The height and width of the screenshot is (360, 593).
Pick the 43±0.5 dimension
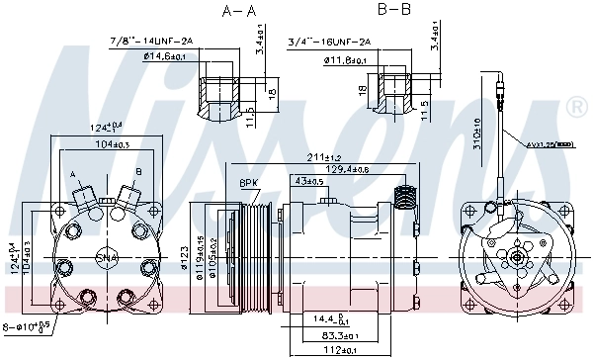click(309, 181)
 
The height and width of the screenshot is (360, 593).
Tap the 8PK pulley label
click(247, 182)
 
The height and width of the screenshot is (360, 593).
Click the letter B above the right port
click(137, 171)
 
